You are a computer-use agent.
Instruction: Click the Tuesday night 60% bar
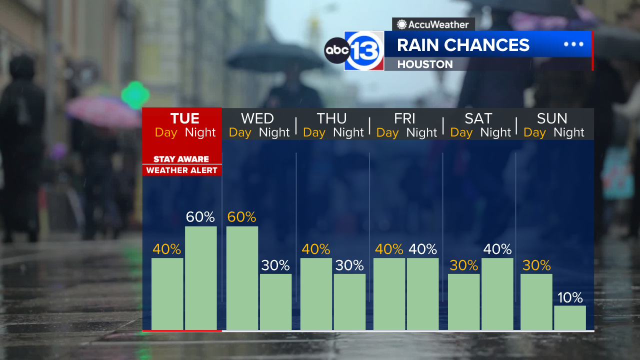(x=201, y=278)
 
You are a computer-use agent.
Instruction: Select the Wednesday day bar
(x=242, y=278)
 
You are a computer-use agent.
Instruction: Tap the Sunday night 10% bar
(x=570, y=317)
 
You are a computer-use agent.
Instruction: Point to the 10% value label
(x=570, y=298)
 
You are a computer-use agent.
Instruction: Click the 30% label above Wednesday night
(x=275, y=265)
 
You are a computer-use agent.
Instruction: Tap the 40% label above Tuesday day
(x=167, y=249)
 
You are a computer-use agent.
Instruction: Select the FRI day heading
(x=404, y=118)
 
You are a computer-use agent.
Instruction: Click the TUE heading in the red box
(x=184, y=118)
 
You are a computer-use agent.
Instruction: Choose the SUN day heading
(x=552, y=118)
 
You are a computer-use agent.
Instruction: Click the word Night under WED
(x=274, y=132)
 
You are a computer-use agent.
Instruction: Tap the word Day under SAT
(x=461, y=132)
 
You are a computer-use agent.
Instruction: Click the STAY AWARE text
(x=181, y=159)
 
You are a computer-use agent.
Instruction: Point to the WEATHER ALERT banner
(x=181, y=170)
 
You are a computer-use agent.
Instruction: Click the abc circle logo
(x=336, y=50)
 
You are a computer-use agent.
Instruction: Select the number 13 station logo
(x=364, y=50)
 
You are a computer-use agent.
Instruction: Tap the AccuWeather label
(x=433, y=24)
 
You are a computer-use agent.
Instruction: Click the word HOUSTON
(x=425, y=64)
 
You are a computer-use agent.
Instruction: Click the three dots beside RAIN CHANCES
(x=573, y=44)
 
